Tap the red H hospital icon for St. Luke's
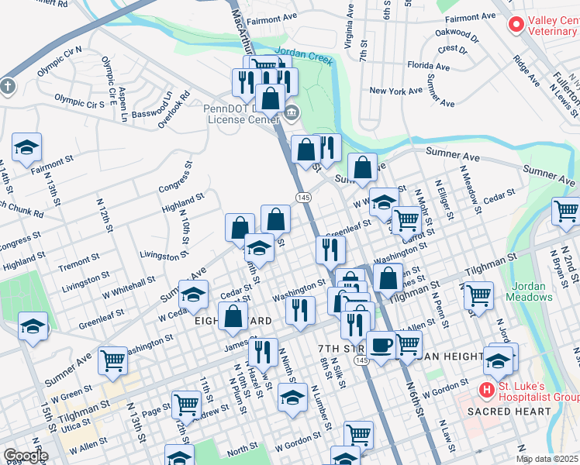tap(488, 389)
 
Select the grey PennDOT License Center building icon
tap(292, 113)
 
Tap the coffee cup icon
tap(380, 345)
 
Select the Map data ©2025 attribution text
tap(547, 459)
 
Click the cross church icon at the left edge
tap(7, 85)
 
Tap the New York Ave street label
tap(395, 91)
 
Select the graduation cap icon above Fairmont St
tap(26, 147)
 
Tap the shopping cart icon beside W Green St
tap(113, 360)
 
